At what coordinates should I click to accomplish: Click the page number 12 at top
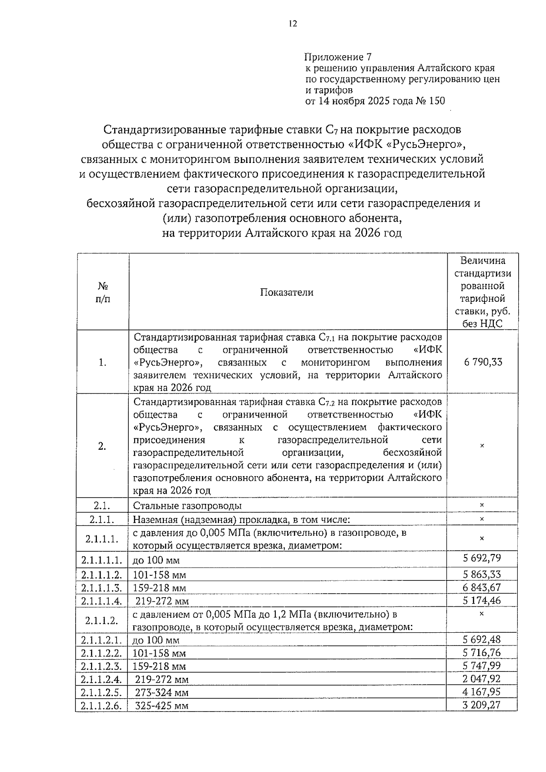[293, 24]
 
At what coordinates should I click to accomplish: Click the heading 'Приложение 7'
[338, 57]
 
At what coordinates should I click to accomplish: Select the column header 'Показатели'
[287, 292]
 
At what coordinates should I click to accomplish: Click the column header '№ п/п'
[103, 292]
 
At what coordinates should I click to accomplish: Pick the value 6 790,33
[483, 362]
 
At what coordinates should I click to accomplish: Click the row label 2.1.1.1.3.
[101, 588]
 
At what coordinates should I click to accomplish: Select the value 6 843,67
[482, 587]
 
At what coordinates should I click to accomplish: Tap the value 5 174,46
[482, 600]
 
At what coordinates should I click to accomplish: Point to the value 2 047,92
[482, 679]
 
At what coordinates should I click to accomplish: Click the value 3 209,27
[482, 705]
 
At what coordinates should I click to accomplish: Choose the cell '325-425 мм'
[162, 706]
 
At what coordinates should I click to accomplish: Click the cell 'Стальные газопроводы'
[187, 506]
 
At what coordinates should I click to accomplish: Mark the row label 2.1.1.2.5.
[101, 692]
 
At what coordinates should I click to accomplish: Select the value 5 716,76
[482, 652]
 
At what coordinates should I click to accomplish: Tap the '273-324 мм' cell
[162, 692]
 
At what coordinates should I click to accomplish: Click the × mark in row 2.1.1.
[482, 519]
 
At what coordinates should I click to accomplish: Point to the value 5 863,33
[482, 574]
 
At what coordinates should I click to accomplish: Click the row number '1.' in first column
[103, 362]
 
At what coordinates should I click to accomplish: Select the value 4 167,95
[482, 692]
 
